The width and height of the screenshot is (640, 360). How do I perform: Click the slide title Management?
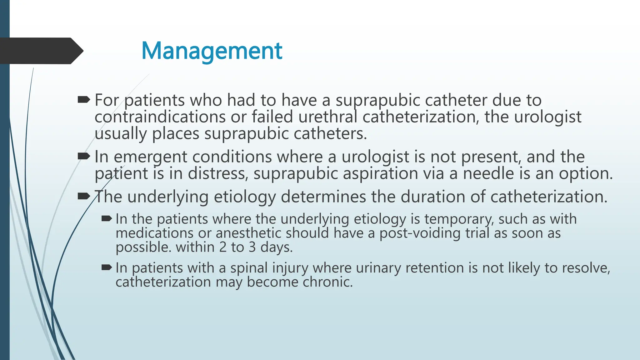(212, 51)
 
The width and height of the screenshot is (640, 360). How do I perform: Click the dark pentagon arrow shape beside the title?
(41, 51)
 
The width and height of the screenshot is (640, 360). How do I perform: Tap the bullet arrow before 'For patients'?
(83, 100)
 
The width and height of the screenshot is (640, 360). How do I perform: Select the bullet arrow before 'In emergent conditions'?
(83, 156)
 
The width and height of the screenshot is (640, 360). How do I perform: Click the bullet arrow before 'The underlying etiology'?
(83, 197)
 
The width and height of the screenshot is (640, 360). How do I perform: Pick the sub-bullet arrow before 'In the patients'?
(107, 219)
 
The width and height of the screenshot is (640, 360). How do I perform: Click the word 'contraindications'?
(160, 117)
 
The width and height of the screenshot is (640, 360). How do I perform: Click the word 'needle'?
(488, 173)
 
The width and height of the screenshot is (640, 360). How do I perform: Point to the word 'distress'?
(218, 174)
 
